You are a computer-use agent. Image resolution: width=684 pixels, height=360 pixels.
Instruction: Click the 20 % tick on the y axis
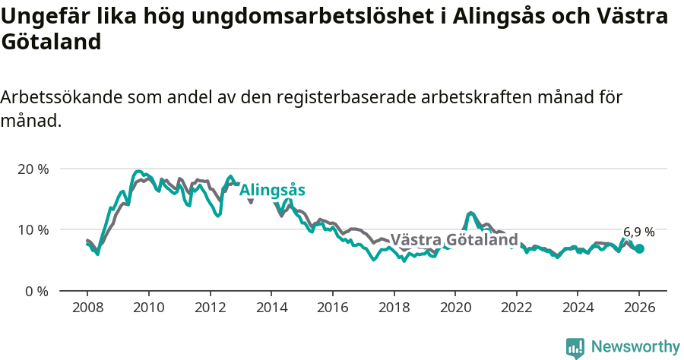click(33, 169)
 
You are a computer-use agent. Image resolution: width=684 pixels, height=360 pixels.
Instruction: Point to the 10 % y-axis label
click(33, 229)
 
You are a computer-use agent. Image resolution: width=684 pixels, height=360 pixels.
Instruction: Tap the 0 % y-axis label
click(36, 291)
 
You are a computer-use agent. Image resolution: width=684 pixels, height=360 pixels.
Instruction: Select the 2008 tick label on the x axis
click(87, 309)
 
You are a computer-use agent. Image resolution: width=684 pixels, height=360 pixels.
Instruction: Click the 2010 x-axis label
click(148, 309)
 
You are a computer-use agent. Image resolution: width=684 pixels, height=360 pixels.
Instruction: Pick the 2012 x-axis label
click(210, 309)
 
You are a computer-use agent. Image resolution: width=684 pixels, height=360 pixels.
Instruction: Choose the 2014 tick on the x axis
click(271, 309)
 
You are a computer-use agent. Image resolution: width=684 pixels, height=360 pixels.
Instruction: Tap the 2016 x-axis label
click(332, 309)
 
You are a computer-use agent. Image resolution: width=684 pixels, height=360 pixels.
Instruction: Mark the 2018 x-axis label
click(394, 309)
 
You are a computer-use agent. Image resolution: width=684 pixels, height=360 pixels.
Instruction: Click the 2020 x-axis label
click(455, 309)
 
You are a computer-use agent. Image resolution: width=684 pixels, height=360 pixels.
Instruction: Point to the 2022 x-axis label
click(516, 309)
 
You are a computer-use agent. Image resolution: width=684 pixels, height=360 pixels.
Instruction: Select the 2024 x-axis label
click(578, 309)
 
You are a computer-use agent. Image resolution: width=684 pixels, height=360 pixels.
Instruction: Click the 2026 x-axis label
click(639, 309)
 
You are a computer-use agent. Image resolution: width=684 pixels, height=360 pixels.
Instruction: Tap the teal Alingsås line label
click(272, 191)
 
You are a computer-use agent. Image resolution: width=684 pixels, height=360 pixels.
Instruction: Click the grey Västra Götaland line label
click(454, 241)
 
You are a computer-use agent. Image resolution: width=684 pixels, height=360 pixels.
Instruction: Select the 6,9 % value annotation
click(638, 232)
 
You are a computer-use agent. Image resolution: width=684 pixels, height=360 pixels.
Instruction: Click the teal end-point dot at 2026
click(640, 248)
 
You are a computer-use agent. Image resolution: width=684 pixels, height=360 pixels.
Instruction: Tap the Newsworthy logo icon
click(575, 347)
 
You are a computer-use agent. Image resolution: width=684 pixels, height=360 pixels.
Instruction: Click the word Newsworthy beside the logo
click(635, 347)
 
